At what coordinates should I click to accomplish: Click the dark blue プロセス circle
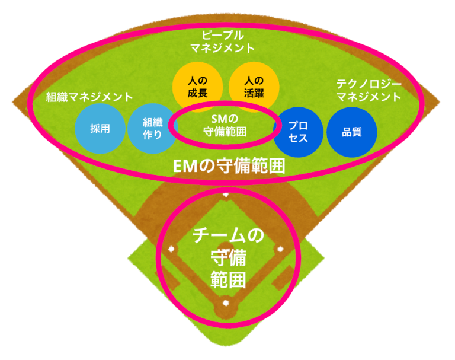298,132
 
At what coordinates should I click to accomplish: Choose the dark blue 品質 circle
352,132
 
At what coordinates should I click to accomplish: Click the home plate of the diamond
226,304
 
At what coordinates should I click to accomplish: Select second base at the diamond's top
226,194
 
